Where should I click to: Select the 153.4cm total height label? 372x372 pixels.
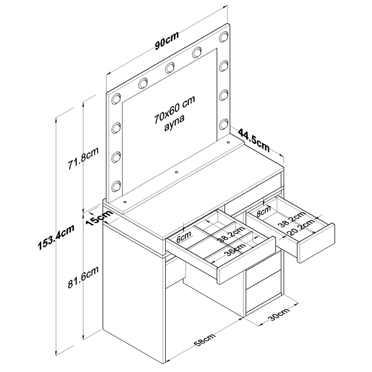[56, 237]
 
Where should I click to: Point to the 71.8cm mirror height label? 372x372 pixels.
[83, 158]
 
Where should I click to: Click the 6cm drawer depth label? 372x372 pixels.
[184, 237]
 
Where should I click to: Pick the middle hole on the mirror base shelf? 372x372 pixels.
[176, 172]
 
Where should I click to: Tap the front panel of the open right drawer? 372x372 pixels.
[316, 243]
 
